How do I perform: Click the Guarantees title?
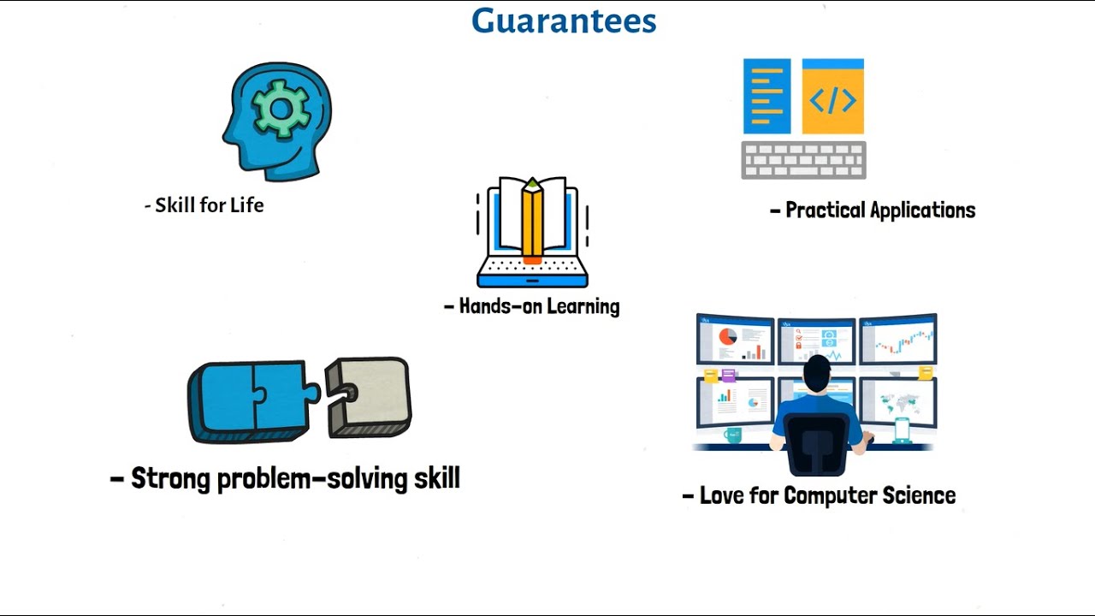pos(564,21)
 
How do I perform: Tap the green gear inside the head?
pos(281,109)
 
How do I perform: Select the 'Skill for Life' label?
pos(204,205)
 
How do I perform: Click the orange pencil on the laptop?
pos(532,221)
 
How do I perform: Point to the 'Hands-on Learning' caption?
pos(532,306)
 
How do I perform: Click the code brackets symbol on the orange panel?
pos(832,100)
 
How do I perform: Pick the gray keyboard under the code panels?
pos(803,160)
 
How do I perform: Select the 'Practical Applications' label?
pos(873,210)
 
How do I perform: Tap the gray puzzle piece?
pos(368,397)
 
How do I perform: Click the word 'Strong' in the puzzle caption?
pos(170,478)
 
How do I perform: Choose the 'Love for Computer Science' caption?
pos(819,495)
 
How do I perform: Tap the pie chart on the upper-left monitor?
pos(727,336)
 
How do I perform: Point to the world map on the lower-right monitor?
pos(898,403)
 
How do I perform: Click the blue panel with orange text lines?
pos(767,97)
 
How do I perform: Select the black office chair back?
pos(816,444)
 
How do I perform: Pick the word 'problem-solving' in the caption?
pos(312,479)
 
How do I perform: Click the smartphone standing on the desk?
pos(902,430)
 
